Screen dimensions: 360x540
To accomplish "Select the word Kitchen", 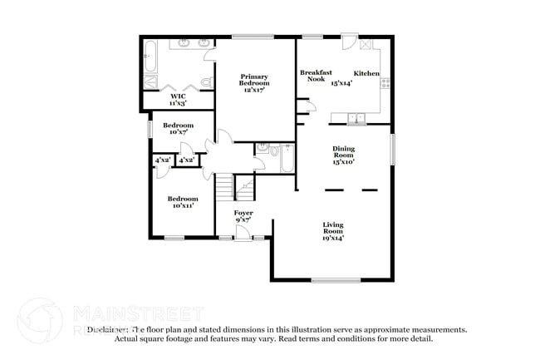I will coord(366,74).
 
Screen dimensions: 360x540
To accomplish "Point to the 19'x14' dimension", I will coord(333,238).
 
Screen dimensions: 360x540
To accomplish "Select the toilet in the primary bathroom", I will coord(150,81).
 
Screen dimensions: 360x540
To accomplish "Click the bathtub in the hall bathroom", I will coord(286,159).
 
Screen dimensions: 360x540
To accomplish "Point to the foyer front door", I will coord(243,239).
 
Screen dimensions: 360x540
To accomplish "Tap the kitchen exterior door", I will coord(350,42).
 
